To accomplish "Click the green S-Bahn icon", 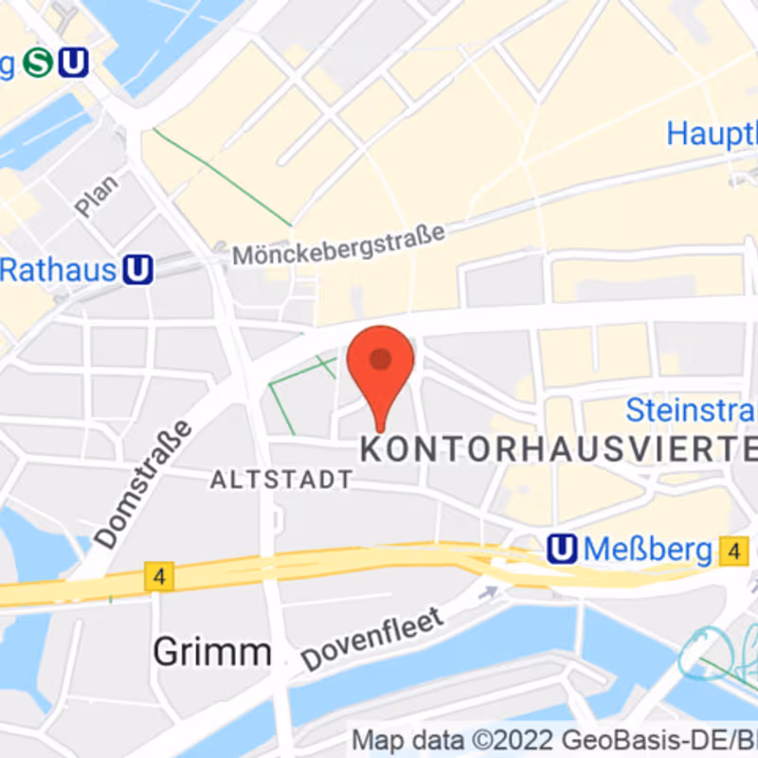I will coord(39,63).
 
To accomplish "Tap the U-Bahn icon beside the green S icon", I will coord(73,63).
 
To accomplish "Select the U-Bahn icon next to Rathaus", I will coord(138,271).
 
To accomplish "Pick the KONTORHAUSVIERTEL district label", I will coord(559,449).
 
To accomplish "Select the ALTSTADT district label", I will coord(281,479).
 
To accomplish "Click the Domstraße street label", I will coord(144,484).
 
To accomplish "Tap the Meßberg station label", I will coord(647,549).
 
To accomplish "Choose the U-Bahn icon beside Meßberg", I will coord(563,548).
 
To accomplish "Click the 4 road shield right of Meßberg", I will coord(732,550).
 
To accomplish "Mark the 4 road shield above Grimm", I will coord(159,576).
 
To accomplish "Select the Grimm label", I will coord(211,651).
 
